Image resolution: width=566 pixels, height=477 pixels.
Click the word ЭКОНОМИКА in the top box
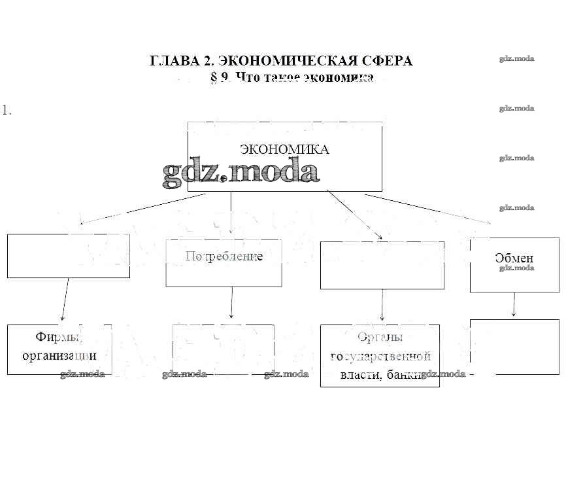coord(284,149)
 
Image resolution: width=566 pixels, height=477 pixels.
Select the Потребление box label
coord(224,256)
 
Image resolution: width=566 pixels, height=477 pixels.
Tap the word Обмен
coord(514,258)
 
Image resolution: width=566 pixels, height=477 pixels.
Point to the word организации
coord(59,356)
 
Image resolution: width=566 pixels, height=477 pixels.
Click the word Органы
coord(380,338)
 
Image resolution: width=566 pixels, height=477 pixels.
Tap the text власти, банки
coord(379,376)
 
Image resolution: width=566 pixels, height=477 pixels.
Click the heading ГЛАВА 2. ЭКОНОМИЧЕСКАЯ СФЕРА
coord(281,61)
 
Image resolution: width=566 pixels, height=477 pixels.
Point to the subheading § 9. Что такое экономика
coord(292,78)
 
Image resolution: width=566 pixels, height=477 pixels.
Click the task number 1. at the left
coord(7,110)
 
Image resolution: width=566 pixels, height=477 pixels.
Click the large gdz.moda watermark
coord(241,171)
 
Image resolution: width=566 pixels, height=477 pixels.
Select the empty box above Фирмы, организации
coord(68,255)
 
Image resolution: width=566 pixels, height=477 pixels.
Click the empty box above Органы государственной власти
coord(382,265)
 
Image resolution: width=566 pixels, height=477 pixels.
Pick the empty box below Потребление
coord(223,349)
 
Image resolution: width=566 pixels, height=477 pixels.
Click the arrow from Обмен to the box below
coord(514,305)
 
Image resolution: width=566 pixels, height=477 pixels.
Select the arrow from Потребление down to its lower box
coord(232,305)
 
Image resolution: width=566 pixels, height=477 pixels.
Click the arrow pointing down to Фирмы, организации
coord(65,301)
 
